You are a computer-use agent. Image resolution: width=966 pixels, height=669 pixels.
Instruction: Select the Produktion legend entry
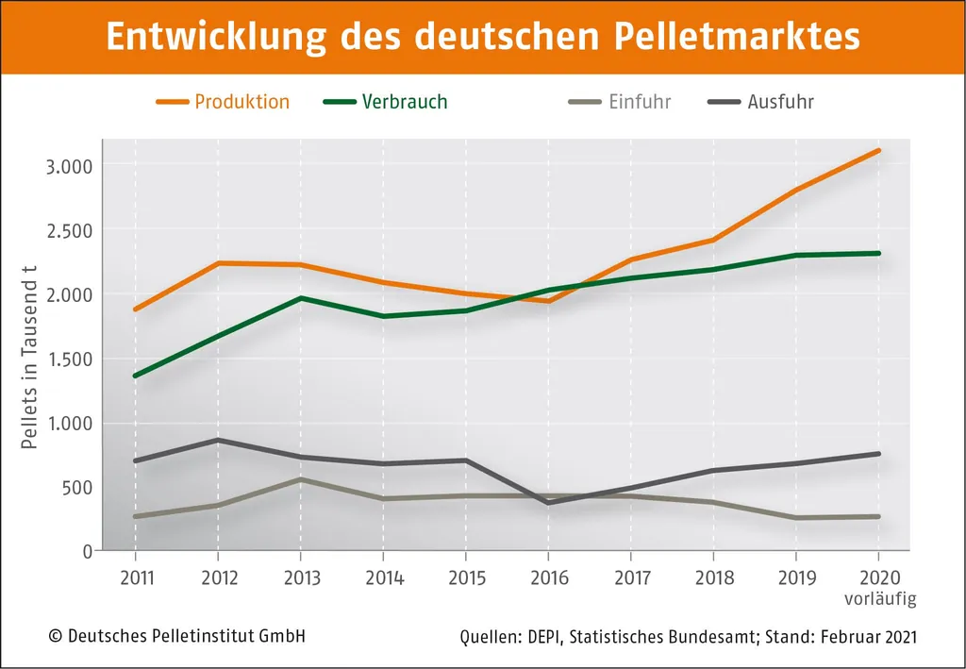click(241, 102)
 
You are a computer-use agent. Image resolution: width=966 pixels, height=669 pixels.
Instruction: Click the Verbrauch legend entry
click(405, 102)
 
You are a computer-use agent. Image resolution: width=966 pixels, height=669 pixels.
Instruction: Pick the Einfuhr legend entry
click(640, 102)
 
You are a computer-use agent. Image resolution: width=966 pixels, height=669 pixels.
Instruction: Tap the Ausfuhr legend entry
click(780, 102)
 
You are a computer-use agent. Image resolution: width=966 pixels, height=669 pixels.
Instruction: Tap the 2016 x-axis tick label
click(548, 578)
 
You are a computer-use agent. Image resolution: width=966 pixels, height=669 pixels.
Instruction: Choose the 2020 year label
click(878, 578)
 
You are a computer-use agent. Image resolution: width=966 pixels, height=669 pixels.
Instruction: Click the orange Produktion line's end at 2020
click(878, 150)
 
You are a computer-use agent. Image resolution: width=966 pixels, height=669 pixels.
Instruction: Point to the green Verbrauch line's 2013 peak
click(300, 298)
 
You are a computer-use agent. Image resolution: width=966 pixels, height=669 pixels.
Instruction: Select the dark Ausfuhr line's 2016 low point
click(548, 503)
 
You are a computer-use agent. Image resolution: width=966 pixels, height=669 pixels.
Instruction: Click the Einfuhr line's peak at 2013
click(300, 479)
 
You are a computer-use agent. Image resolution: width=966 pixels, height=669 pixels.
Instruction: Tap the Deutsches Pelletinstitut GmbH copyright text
click(176, 637)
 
